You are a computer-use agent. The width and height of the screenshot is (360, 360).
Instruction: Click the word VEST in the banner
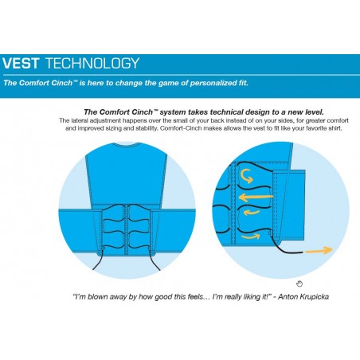[x=21, y=63]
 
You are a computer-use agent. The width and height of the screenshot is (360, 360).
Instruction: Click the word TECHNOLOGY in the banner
[x=92, y=63]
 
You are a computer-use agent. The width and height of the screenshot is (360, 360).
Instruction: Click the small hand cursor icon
[x=299, y=284]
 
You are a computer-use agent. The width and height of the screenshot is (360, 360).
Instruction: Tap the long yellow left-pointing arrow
[x=256, y=198]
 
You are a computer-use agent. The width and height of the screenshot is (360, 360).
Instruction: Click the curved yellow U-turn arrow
[x=247, y=176]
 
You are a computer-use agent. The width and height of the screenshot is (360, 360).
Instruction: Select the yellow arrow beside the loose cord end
[x=319, y=250]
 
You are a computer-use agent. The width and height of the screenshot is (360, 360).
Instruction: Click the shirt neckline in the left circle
[x=127, y=144]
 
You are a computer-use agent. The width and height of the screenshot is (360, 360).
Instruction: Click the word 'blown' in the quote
[x=99, y=296]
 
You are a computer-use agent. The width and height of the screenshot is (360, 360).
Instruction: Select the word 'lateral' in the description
[x=80, y=120]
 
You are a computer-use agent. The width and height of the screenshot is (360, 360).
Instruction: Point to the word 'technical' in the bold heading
[x=226, y=112]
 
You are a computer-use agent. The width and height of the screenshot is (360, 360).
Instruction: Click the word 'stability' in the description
[x=147, y=128]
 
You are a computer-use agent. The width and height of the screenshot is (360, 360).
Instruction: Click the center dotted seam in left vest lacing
[x=127, y=229]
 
